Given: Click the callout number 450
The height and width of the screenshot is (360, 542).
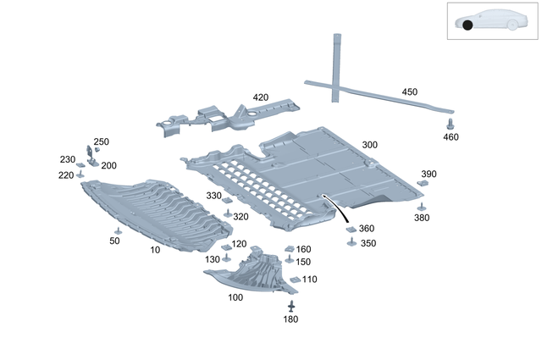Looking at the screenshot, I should (409, 91).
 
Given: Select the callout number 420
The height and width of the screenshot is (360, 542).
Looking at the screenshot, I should (260, 97).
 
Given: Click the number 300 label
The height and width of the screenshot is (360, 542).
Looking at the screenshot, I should (369, 145).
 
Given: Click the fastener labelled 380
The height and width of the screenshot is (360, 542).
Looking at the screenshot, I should (422, 206).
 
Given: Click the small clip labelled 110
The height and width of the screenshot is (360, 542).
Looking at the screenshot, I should (295, 279).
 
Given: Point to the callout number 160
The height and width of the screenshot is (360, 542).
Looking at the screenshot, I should (303, 249).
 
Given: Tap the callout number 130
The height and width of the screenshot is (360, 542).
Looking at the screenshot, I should (212, 258).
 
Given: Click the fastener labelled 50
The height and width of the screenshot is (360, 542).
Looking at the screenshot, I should (118, 231).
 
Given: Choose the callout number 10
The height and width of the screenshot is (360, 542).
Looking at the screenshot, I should (155, 251).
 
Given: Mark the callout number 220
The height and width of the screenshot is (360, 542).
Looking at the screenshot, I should (66, 175).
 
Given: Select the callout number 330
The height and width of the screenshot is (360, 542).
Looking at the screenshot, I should (213, 196).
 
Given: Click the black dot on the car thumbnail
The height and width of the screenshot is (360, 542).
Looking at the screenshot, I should (467, 25).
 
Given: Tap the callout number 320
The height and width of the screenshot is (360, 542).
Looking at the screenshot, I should (241, 217).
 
